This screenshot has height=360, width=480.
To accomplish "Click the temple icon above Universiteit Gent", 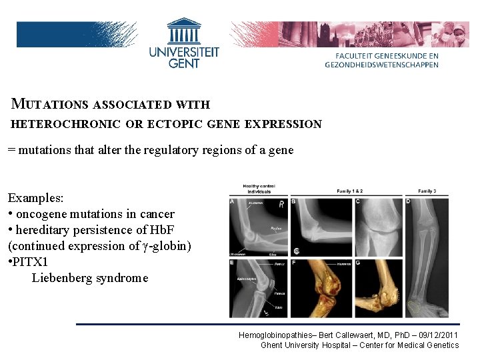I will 184,30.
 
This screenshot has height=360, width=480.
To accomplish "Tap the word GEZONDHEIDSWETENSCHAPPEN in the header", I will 382,65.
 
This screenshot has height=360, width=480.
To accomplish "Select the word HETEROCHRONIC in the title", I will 66,124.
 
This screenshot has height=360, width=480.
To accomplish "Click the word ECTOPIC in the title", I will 179,124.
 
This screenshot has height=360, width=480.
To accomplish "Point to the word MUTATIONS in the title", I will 51,104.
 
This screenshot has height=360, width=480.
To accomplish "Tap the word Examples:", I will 35,199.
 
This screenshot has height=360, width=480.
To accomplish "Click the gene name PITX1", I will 31,262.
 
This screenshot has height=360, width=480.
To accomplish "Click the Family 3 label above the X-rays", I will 427,191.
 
